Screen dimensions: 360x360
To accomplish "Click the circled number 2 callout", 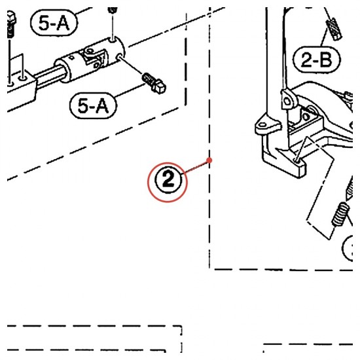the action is (168, 182).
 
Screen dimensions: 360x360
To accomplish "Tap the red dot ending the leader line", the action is (209, 160).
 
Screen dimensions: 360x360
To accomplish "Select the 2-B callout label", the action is (316, 60).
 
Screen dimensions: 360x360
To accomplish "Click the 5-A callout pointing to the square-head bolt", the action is (93, 105).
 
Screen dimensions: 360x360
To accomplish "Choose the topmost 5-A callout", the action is (54, 23).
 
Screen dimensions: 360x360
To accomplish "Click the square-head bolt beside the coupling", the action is (154, 83).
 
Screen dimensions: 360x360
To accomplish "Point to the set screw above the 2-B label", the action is (334, 29).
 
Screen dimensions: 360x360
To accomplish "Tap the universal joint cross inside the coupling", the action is (94, 58).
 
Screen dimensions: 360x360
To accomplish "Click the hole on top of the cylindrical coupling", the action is (113, 41).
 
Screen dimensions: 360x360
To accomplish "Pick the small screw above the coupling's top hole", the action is (113, 10).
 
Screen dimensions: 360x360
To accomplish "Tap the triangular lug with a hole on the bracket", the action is (287, 100).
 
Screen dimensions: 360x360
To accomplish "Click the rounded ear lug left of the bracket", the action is (264, 126).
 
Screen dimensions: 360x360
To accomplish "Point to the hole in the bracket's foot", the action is (298, 162).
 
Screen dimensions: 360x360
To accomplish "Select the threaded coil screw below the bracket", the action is (340, 214).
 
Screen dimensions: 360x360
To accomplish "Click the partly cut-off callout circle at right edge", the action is (347, 248).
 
